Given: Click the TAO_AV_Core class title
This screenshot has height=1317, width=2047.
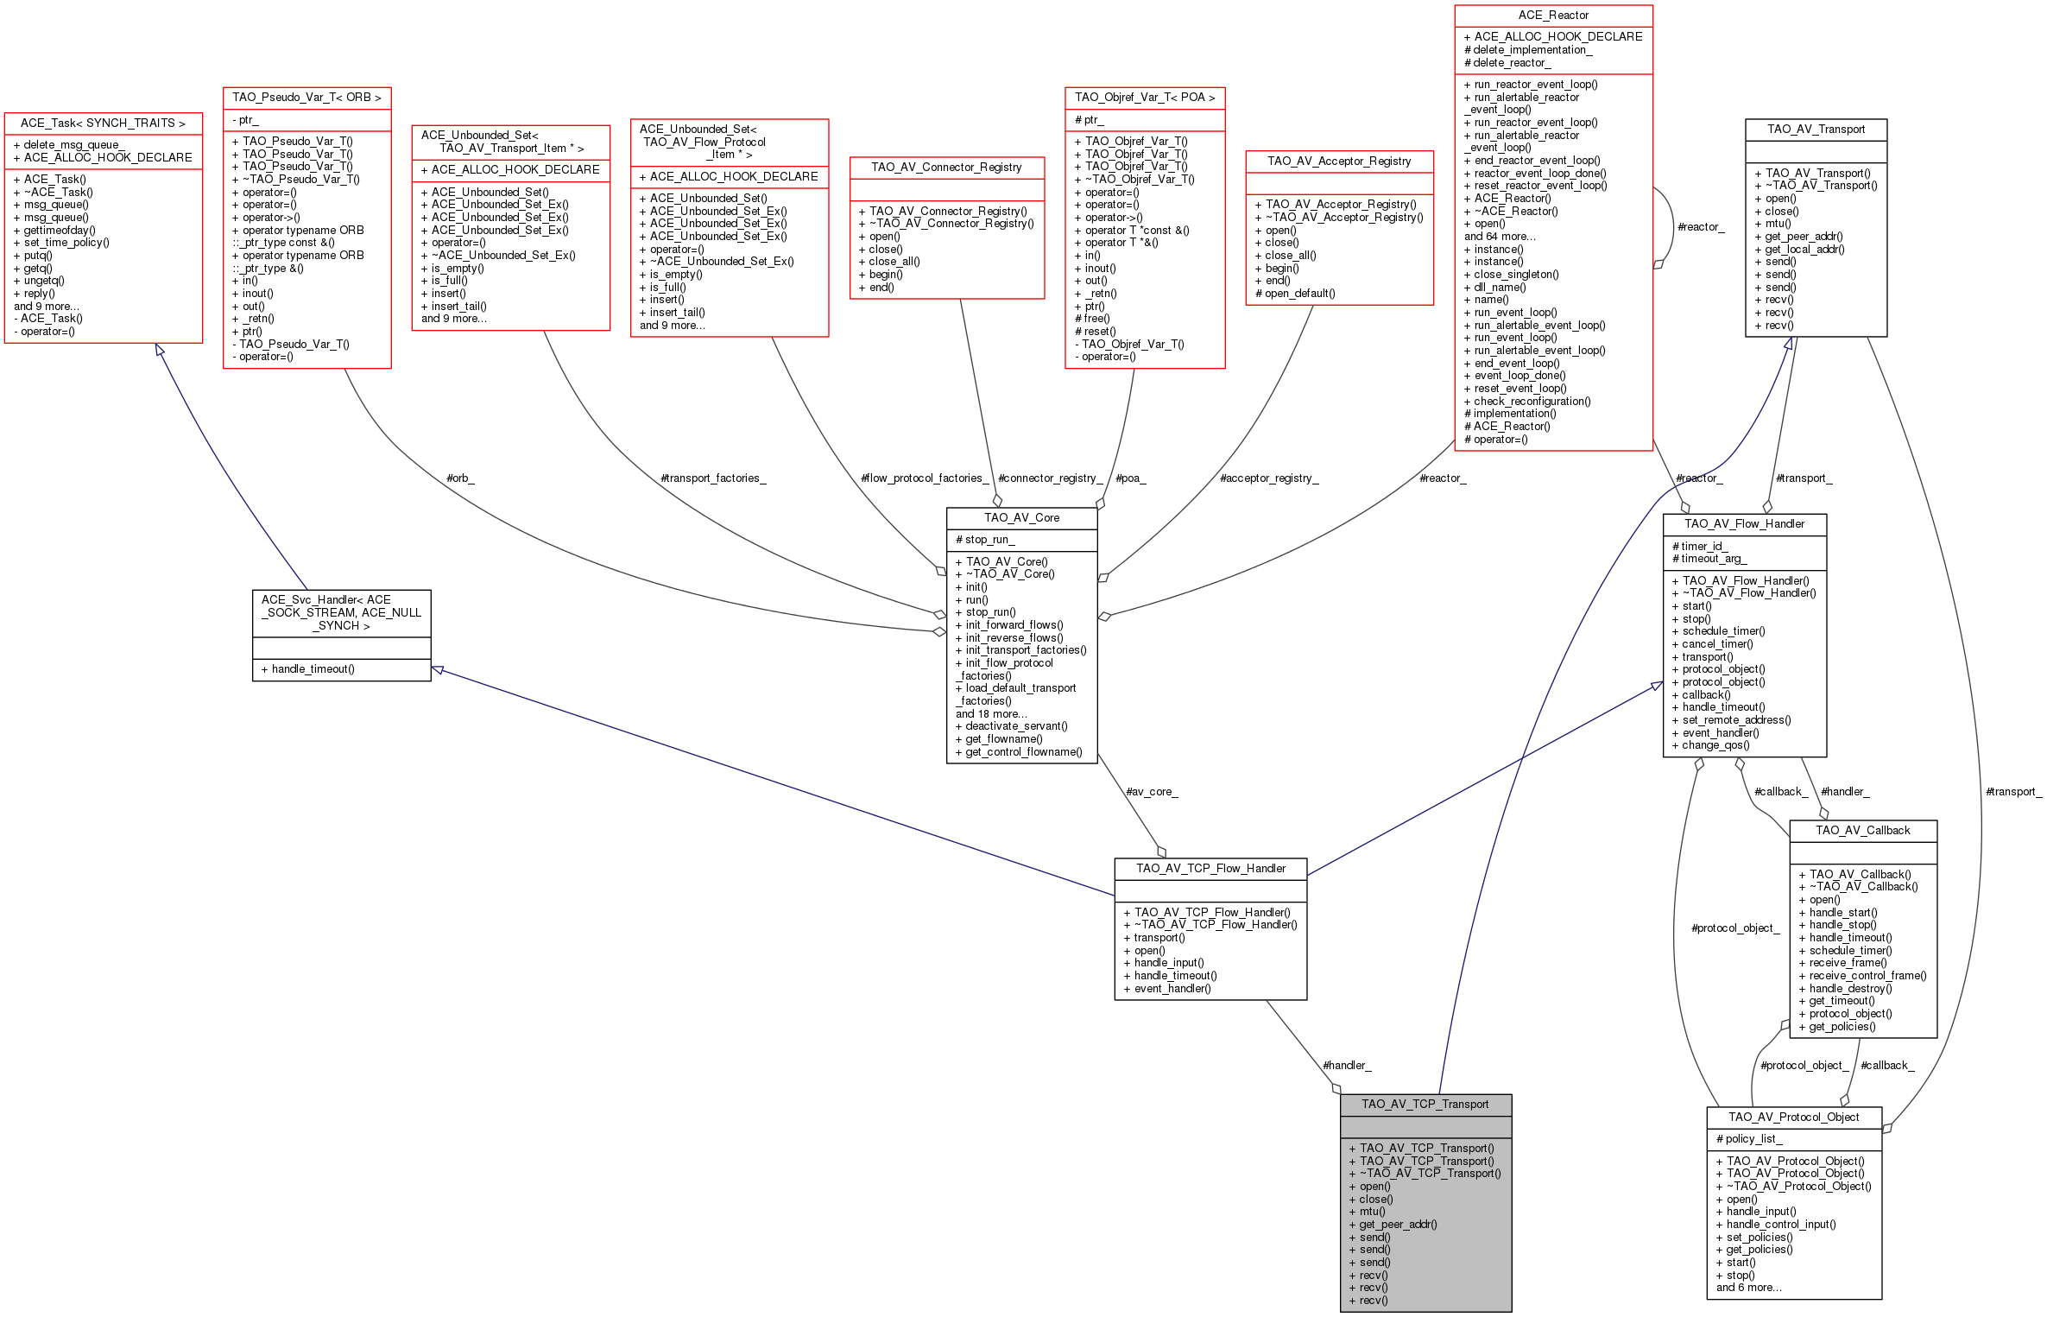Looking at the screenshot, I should click(x=1021, y=518).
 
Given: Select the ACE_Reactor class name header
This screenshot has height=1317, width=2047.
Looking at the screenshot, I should click(x=1553, y=16).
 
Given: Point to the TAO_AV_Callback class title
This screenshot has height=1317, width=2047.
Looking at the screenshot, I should click(x=1862, y=831).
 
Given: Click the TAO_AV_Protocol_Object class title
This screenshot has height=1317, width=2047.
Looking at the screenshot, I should click(x=1793, y=1118).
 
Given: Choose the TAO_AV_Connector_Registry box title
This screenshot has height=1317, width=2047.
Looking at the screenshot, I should click(x=946, y=168).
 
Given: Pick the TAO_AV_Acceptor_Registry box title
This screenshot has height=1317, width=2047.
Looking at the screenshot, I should click(x=1339, y=161).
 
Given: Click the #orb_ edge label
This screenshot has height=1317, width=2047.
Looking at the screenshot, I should click(x=460, y=478).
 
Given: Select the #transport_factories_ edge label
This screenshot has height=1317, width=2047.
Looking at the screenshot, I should click(x=713, y=478).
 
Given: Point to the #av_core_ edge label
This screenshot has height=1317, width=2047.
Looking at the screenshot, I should click(x=1152, y=792).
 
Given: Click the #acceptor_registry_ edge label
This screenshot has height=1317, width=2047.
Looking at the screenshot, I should click(x=1269, y=478).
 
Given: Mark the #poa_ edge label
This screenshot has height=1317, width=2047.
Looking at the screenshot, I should click(x=1130, y=478).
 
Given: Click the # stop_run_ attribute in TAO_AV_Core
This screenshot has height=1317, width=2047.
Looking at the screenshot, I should click(x=985, y=540).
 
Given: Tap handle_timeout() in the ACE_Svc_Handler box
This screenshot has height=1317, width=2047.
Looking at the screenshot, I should click(x=313, y=669).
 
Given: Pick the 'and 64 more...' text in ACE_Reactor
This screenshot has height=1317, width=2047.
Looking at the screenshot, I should click(x=1500, y=237).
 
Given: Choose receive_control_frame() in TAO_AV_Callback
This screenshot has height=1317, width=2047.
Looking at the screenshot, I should click(x=1867, y=976).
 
